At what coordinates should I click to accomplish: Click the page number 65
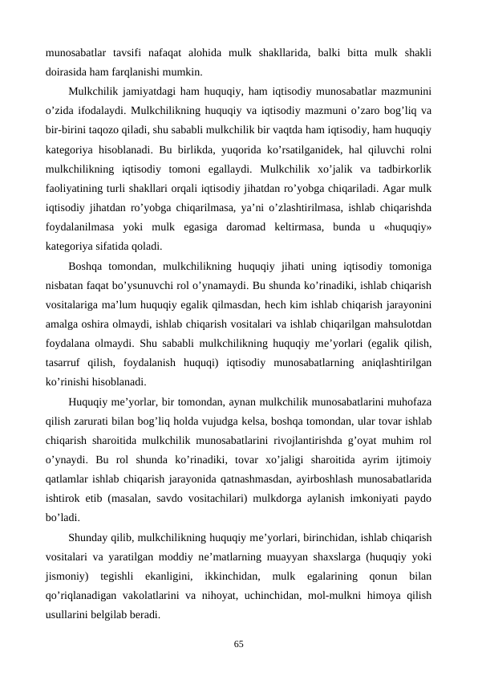click(x=239, y=643)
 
